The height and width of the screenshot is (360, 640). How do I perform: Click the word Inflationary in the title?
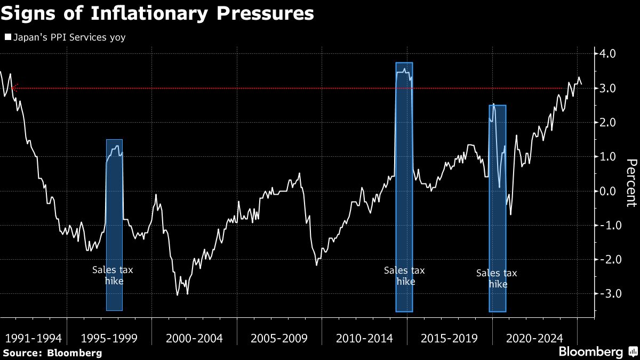(x=149, y=13)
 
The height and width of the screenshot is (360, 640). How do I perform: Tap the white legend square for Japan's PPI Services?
(x=7, y=37)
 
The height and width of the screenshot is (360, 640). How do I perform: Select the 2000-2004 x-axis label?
(x=194, y=338)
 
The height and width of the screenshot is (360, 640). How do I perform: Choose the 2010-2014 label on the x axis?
(x=365, y=338)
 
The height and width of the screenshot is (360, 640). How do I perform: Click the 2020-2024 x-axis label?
(x=534, y=338)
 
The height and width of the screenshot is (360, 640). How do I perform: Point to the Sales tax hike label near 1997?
(x=113, y=275)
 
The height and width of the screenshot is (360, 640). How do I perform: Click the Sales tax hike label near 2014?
(x=405, y=276)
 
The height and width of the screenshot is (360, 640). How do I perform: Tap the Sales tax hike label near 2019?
(x=497, y=278)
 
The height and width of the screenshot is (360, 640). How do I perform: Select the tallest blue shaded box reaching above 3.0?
(x=404, y=187)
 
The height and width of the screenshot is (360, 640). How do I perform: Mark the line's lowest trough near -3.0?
(x=178, y=294)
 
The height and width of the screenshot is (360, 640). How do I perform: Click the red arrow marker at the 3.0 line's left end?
(x=15, y=88)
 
